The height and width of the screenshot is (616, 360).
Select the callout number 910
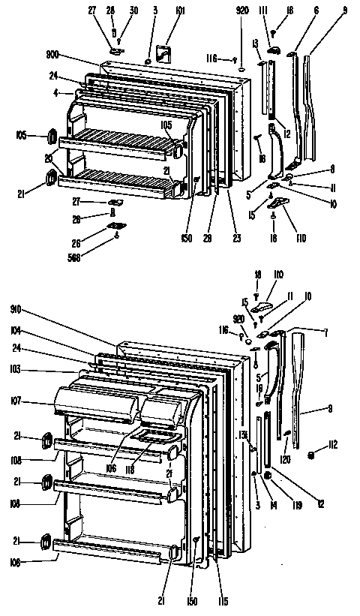tap(16, 308)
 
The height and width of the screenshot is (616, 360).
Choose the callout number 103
tap(16, 370)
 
